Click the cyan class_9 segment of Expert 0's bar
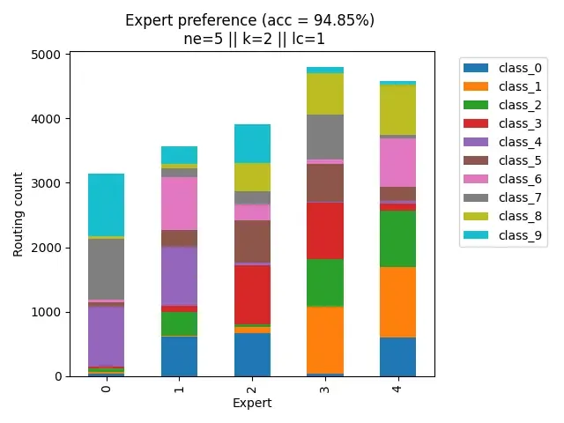106,204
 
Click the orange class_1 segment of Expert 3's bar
325,340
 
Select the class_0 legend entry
515,68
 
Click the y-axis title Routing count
19,215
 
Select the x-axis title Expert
251,403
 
